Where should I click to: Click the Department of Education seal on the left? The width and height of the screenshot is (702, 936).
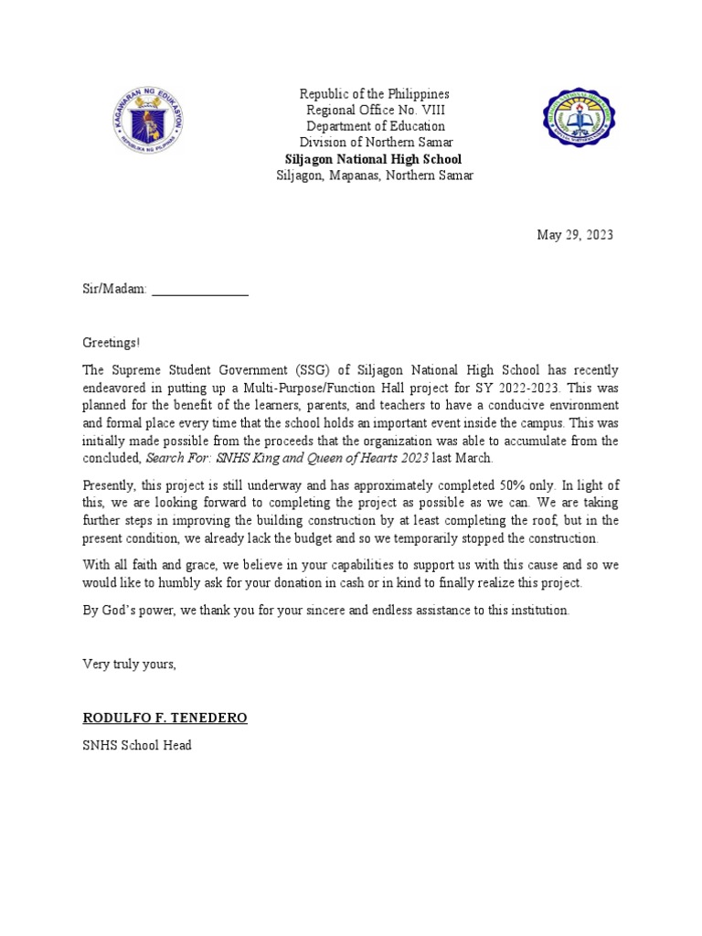(x=149, y=125)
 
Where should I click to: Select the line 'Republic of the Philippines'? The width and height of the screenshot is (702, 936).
(x=375, y=94)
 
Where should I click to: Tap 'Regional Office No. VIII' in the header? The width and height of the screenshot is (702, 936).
(x=375, y=111)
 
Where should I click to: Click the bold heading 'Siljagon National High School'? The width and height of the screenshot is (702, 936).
(x=375, y=159)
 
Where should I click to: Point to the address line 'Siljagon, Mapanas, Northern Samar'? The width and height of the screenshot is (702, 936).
(x=375, y=175)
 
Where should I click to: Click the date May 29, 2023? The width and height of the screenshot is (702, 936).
(x=575, y=235)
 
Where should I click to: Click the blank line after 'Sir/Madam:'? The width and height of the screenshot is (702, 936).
(x=200, y=290)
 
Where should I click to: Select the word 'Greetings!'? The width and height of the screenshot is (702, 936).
(x=112, y=343)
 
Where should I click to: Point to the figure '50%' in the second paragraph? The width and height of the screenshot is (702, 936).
(x=575, y=485)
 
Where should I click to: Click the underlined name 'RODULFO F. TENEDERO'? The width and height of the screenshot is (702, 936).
(x=165, y=718)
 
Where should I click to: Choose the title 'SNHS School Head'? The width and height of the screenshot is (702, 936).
(x=137, y=745)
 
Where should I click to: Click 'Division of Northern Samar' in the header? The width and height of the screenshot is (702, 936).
(x=375, y=143)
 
